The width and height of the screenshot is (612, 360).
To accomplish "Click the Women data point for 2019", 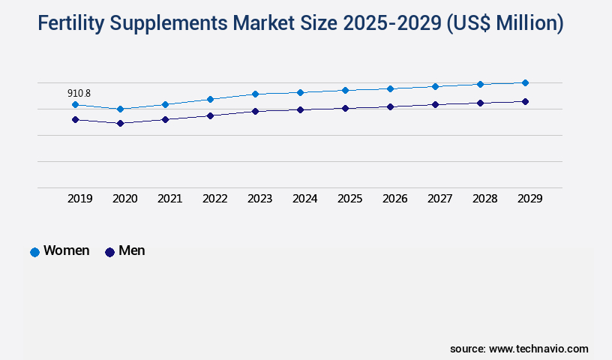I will pos(75,104).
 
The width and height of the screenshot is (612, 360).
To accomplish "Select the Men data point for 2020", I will pos(120,123).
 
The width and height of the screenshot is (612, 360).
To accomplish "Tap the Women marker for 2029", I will pos(525,82).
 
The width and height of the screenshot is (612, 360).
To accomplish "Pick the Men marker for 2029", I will pos(525,101).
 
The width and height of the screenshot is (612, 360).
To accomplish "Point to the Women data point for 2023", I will pos(255,94).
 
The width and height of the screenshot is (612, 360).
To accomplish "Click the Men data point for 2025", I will pos(345,108).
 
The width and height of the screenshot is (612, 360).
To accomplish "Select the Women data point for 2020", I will pos(120,109).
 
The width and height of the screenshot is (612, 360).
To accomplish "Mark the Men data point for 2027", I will pos(435,104).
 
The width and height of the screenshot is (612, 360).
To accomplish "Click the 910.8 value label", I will pos(79,93).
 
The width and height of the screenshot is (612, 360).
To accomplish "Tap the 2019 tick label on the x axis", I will pos(79,199).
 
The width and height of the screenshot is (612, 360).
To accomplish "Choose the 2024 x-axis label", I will pos(304,199).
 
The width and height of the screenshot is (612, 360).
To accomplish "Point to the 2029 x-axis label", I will pos(529,199).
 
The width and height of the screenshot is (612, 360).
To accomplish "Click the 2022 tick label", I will pos(214,199).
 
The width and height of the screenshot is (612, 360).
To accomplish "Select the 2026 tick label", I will pos(394,199).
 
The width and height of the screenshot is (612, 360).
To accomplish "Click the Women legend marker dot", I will pos(34,252).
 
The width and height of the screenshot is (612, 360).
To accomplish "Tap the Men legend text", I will pos(132,251).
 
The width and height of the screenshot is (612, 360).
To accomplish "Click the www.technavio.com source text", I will pos(538,349).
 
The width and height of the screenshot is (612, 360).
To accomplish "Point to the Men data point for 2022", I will pos(210,115).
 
